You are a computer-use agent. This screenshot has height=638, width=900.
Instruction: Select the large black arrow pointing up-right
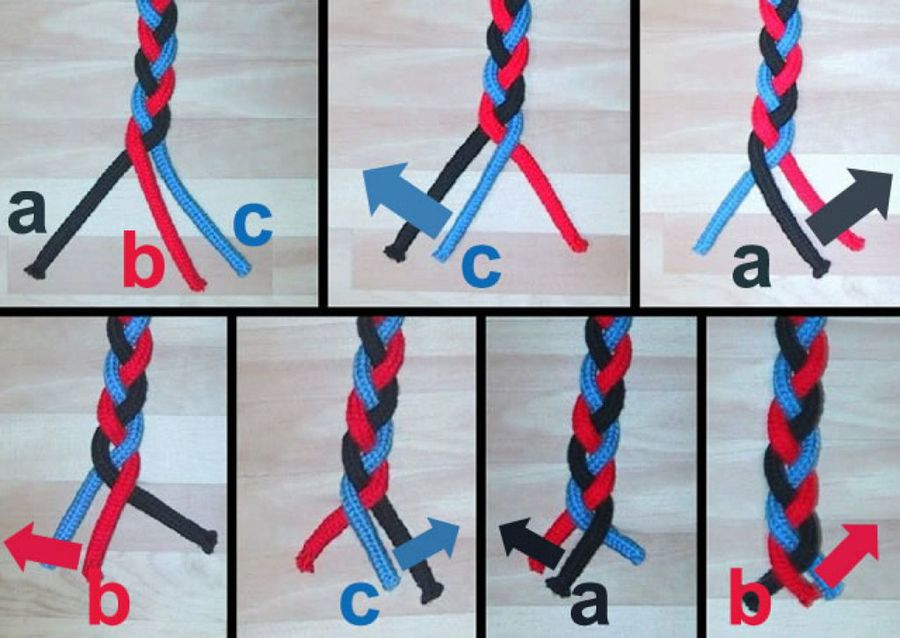pyautogui.click(x=848, y=205)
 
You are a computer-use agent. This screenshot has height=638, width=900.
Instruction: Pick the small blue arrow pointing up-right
pyautogui.click(x=428, y=543)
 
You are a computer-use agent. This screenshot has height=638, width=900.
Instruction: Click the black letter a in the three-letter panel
pyautogui.click(x=27, y=212)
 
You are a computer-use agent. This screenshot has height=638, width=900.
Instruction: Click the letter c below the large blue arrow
pyautogui.click(x=481, y=266)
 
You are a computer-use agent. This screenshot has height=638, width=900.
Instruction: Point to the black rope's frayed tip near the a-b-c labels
pyautogui.click(x=34, y=271)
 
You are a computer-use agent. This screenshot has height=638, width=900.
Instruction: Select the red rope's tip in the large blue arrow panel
pyautogui.click(x=581, y=245)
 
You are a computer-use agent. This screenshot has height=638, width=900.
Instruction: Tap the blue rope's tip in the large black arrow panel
pyautogui.click(x=700, y=250)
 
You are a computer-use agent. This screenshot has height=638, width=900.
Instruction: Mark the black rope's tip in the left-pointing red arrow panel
pyautogui.click(x=209, y=541)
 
